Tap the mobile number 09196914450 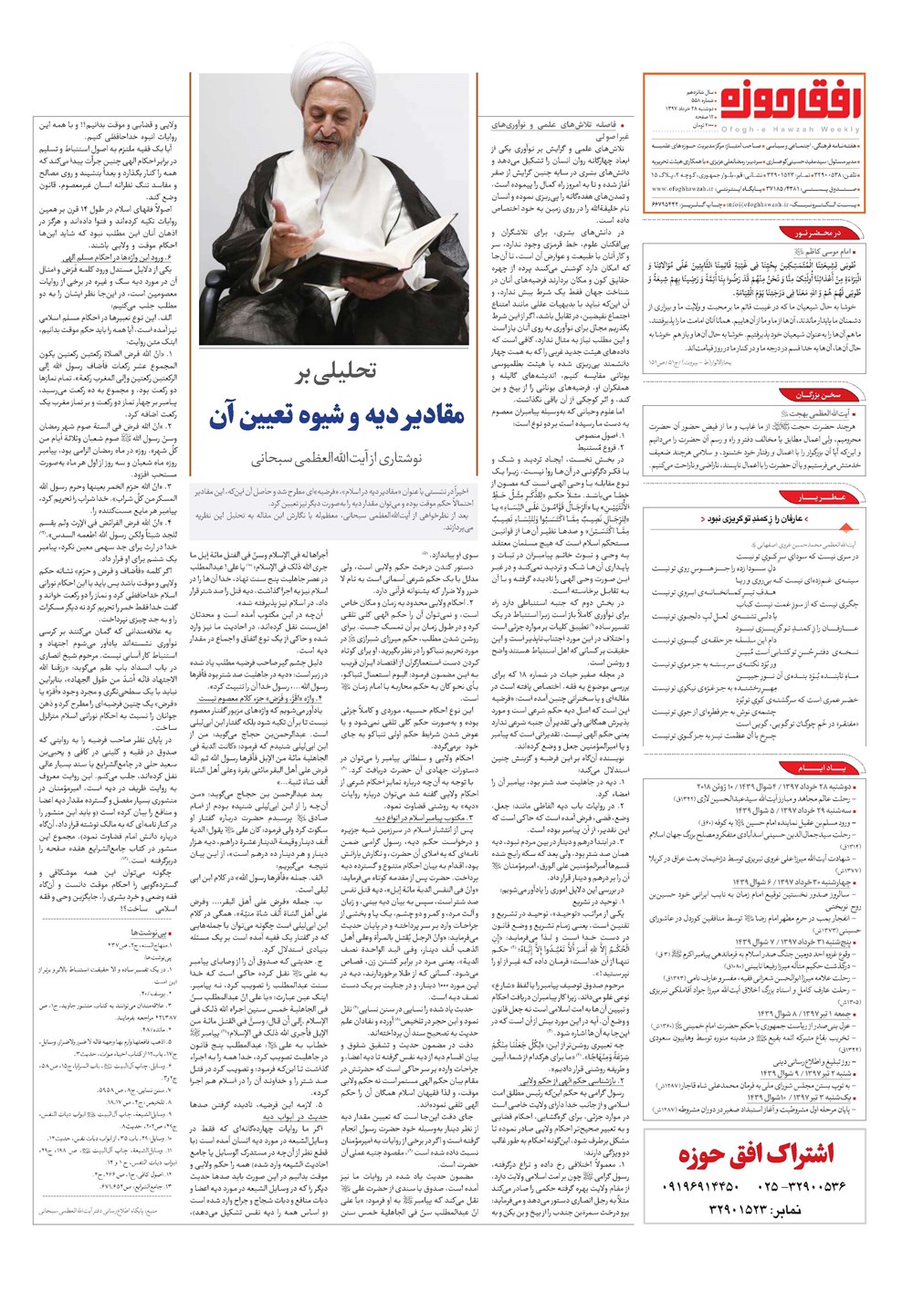coord(698,1186)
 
